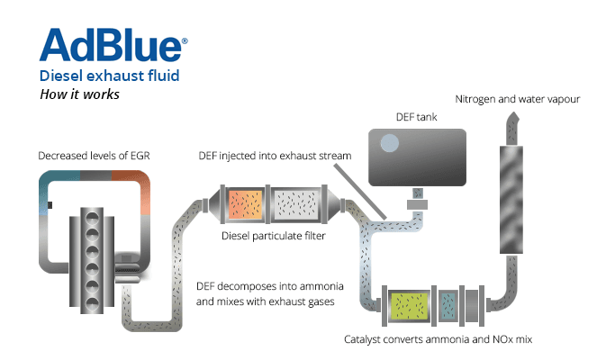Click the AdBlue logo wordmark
tap(111, 45)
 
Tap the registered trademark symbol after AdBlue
tap(185, 40)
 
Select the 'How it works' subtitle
tap(79, 94)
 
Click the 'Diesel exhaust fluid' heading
tap(110, 76)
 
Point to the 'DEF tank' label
tap(416, 117)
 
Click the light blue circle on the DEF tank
tap(390, 143)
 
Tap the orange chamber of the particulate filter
tap(246, 204)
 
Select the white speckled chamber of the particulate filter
tap(296, 204)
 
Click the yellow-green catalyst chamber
tap(409, 306)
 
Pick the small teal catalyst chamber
tap(448, 306)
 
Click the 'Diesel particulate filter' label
tap(274, 236)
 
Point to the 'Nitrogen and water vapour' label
tap(518, 99)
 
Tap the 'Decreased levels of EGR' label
tap(94, 156)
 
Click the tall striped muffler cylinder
tap(511, 200)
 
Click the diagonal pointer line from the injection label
tap(360, 191)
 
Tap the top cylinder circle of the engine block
tap(92, 217)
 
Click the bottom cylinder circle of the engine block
tap(92, 303)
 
